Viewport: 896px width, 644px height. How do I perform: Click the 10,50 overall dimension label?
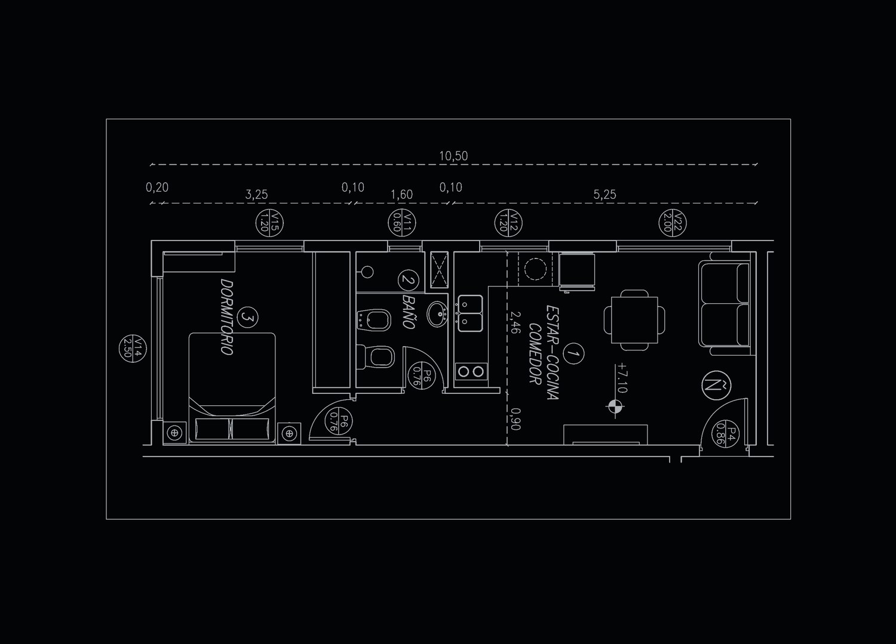(453, 156)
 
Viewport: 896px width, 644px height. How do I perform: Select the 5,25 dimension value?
(605, 195)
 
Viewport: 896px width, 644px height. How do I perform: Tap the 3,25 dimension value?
(256, 195)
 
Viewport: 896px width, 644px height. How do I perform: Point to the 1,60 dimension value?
(401, 195)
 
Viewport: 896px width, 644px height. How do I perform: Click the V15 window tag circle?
(269, 223)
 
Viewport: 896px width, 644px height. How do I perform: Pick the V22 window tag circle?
(673, 223)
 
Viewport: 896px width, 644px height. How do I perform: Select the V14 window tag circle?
(133, 348)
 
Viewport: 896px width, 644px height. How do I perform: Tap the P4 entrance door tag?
(725, 433)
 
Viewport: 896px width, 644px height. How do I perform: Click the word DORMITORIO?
(227, 316)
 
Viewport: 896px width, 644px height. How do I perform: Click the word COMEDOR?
(535, 354)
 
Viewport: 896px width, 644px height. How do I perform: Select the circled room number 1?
(573, 354)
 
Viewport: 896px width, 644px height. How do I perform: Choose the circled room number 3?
(248, 317)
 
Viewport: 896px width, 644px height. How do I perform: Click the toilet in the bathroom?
(375, 357)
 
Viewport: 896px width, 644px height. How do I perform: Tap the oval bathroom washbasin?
(437, 314)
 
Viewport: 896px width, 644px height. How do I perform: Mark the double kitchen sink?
(471, 313)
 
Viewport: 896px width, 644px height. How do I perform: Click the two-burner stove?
(471, 372)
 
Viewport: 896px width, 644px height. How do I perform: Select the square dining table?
(634, 320)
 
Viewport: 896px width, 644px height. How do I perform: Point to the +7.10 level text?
(622, 378)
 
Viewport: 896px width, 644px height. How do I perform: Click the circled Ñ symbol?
(716, 386)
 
